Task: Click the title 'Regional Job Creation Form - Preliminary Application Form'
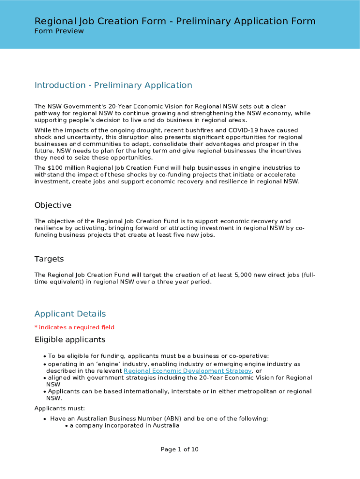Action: coord(175,21)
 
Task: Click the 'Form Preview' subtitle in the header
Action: coord(59,31)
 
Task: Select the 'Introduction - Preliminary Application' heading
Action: coord(113,85)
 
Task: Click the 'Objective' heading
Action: coord(53,205)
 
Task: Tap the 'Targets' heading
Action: coord(49,259)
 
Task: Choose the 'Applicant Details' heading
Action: coord(70,314)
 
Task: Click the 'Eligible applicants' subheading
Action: coord(70,340)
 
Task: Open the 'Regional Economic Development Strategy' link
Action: coord(187,371)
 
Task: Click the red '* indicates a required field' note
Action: coord(74,327)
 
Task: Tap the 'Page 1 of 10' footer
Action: coord(180,450)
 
